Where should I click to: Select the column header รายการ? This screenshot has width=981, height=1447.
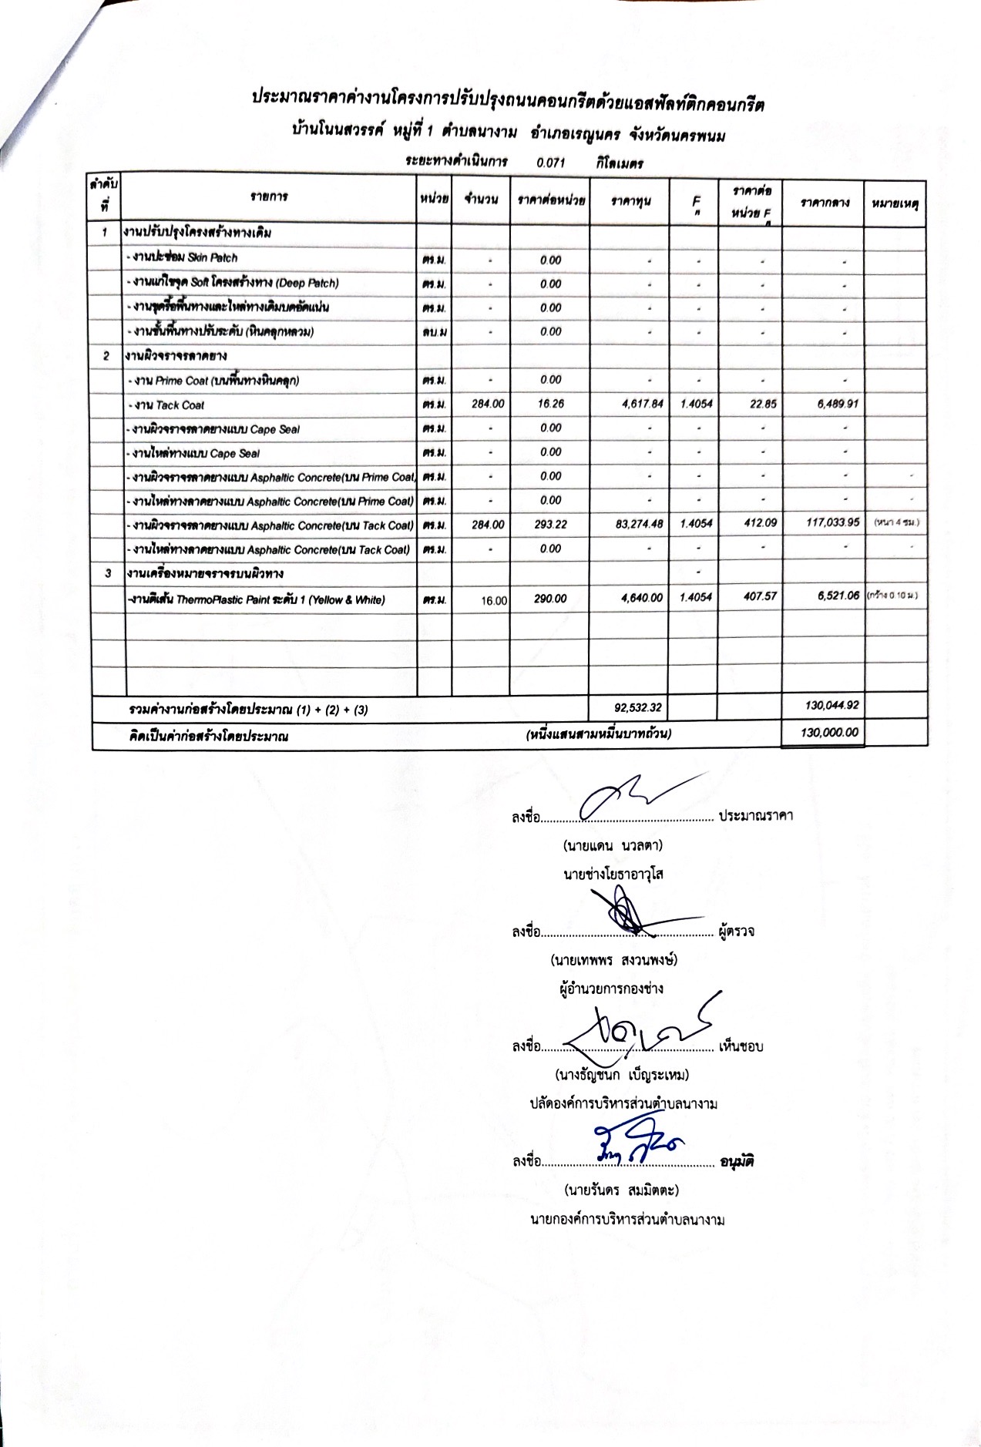(269, 196)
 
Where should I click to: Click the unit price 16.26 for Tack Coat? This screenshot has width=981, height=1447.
(550, 404)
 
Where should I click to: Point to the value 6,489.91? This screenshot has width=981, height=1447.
(831, 404)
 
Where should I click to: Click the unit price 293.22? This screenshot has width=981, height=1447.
(550, 525)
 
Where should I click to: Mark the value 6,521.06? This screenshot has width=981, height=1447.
(832, 597)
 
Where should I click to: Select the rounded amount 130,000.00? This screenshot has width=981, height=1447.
(829, 733)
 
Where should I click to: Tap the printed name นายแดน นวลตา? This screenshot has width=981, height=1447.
(613, 844)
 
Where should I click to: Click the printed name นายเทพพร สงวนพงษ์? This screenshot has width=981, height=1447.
(613, 960)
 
